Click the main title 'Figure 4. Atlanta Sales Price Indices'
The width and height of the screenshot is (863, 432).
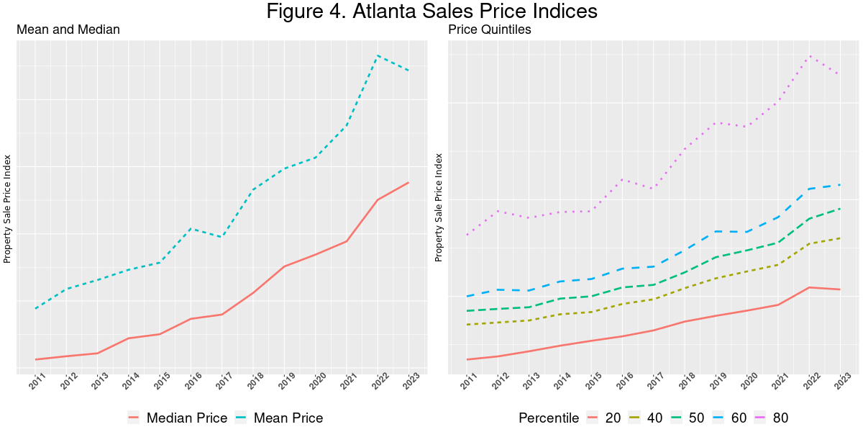[431, 12]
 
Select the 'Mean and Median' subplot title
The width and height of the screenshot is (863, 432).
[68, 30]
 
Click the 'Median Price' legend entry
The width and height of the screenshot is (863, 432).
[186, 418]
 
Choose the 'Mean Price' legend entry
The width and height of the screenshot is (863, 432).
[288, 418]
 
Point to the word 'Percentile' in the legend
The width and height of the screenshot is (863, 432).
[549, 418]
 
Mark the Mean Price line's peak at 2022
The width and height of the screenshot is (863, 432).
[378, 55]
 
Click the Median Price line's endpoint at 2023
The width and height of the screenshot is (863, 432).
[408, 183]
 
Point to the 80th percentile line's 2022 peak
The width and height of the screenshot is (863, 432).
[810, 55]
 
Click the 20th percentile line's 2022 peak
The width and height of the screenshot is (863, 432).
[810, 287]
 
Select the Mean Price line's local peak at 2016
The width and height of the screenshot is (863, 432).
[191, 228]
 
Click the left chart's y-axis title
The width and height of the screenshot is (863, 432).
[8, 209]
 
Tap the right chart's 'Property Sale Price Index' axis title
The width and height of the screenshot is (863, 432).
[439, 207]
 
